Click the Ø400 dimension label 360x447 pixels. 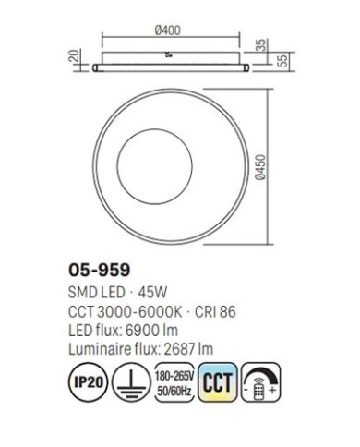point(168,30)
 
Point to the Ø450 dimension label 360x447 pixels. point(260,167)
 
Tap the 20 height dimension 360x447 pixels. point(75,55)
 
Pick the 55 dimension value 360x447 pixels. point(282,61)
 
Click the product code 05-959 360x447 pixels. point(99,271)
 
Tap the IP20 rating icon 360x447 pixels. point(89,382)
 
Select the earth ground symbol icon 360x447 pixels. point(131,382)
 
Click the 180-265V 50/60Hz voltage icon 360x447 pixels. point(174,382)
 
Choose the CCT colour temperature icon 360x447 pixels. point(218,382)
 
